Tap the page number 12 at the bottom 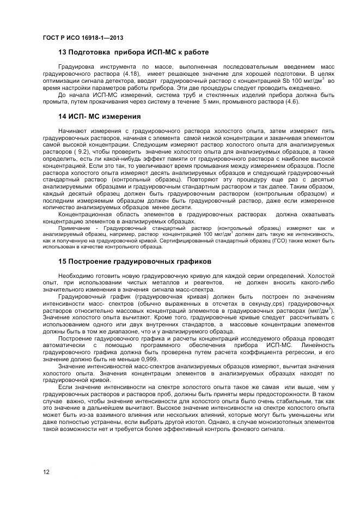pos(46,471)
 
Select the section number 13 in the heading pos(63,52)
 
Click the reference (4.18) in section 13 pos(130,73)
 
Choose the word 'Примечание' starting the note pos(73,227)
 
